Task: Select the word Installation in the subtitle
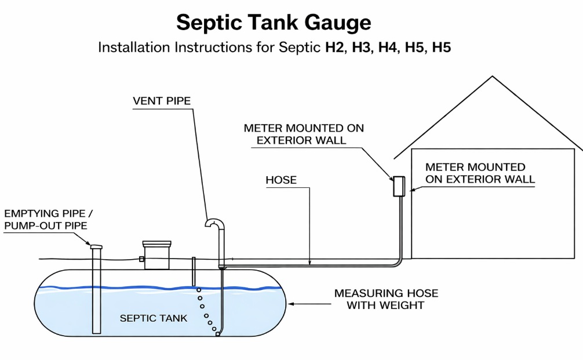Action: pyautogui.click(x=133, y=48)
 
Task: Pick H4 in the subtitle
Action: pyautogui.click(x=388, y=48)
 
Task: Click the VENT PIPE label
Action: pyautogui.click(x=162, y=101)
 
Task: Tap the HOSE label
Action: pyautogui.click(x=281, y=180)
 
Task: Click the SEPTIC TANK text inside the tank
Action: pyautogui.click(x=154, y=318)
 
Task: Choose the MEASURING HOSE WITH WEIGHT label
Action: pyautogui.click(x=386, y=299)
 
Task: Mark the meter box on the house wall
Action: pyautogui.click(x=399, y=187)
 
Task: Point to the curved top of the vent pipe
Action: pyautogui.click(x=215, y=223)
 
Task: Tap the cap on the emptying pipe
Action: pyautogui.click(x=96, y=247)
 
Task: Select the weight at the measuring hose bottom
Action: pyautogui.click(x=217, y=334)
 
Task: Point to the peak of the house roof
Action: pyautogui.click(x=493, y=77)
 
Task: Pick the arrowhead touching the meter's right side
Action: pyautogui.click(x=410, y=189)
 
